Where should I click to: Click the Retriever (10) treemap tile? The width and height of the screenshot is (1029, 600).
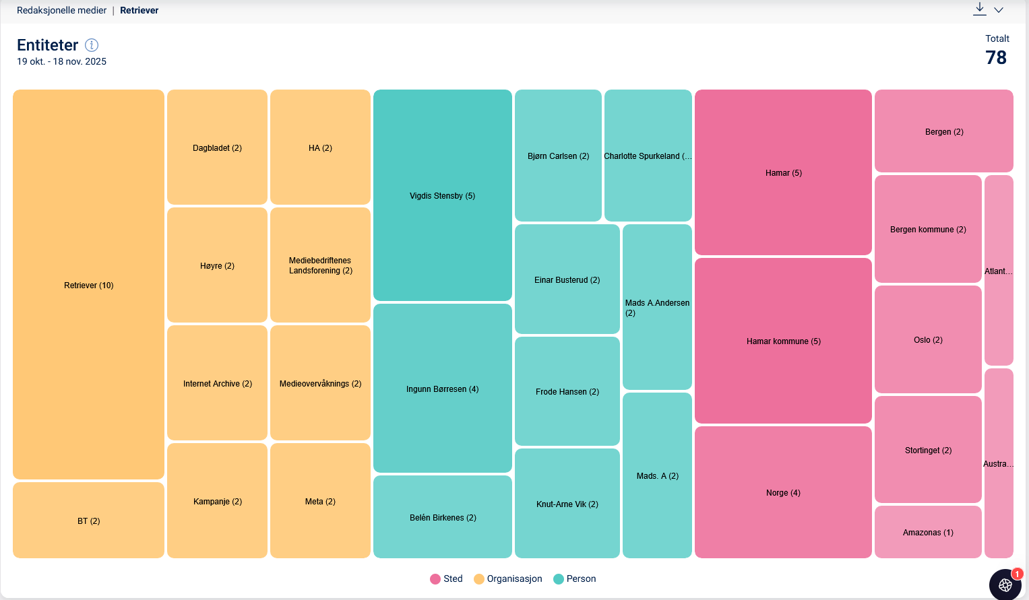(88, 285)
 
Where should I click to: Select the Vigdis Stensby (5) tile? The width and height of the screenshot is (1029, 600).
(442, 195)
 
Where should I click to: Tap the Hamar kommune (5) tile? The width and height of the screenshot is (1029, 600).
(783, 341)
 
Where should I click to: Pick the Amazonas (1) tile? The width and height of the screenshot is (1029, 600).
(928, 532)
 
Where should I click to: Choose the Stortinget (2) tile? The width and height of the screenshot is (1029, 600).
(928, 450)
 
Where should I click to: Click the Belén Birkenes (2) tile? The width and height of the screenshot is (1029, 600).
(442, 517)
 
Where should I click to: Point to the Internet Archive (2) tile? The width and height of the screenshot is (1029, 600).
(217, 383)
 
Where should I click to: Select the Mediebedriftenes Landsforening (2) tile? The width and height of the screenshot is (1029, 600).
(320, 265)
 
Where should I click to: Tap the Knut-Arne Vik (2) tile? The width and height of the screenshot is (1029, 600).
(567, 504)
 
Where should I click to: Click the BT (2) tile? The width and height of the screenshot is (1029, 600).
(88, 521)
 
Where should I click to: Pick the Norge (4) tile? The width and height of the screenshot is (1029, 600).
(783, 492)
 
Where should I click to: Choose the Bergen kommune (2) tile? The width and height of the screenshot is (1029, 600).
(928, 229)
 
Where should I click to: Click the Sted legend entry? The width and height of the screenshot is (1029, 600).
(446, 579)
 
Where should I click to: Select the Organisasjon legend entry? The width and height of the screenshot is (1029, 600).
(508, 579)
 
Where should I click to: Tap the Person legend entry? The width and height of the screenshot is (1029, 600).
(575, 579)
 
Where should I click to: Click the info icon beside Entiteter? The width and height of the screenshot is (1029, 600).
(92, 45)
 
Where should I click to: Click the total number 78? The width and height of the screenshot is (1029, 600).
(995, 58)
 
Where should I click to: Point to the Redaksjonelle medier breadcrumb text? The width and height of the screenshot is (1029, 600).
(61, 10)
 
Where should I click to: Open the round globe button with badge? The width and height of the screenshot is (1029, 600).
(1005, 585)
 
